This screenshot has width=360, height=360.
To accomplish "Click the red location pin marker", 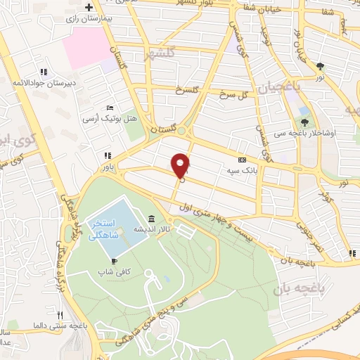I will point(181,165).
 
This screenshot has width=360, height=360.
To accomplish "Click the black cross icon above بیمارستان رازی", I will point(89,8).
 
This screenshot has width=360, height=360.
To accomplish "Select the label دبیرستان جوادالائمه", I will point(44,82).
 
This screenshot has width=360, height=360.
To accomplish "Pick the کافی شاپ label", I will point(114,269).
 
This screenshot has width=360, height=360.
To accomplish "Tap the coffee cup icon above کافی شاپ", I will point(114,259).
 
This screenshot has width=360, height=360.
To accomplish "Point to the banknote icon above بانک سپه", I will point(243,160).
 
